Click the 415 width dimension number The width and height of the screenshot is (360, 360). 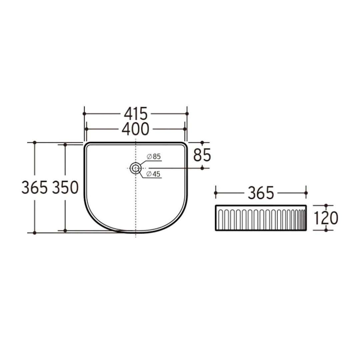[x=135, y=114]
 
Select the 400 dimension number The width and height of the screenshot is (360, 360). [x=135, y=129]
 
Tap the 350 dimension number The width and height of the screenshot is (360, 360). [x=65, y=188]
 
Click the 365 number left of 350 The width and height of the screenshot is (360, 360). [x=34, y=188]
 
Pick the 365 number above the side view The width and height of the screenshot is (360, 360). [x=261, y=193]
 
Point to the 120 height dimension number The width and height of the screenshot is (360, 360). [x=326, y=218]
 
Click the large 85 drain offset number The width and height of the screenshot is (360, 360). [x=202, y=155]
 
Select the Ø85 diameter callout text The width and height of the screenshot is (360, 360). [x=154, y=156]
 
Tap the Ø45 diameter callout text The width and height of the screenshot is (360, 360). [x=154, y=173]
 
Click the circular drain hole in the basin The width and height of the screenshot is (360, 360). [x=135, y=168]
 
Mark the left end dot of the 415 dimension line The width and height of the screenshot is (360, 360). [x=84, y=114]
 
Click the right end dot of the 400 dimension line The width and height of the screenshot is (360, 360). [x=185, y=129]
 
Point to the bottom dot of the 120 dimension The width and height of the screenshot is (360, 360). [x=326, y=230]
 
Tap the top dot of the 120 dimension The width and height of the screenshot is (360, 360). [x=326, y=206]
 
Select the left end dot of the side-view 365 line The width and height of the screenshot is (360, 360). [x=216, y=193]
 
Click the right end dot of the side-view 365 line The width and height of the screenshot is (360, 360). [x=306, y=193]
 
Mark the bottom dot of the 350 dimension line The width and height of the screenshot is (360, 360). [x=65, y=230]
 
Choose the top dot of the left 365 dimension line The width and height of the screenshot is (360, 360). [x=34, y=143]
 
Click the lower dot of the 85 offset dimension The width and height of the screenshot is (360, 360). [x=202, y=168]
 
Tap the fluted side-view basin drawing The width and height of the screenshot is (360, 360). [x=261, y=218]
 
